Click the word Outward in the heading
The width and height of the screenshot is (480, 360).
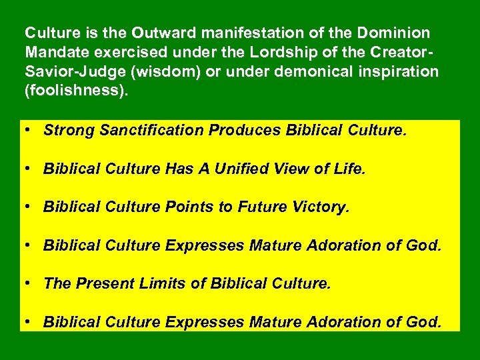pos(157,33)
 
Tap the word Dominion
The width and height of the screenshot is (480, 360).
pos(393,33)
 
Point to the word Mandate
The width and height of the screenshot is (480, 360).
pos(51,52)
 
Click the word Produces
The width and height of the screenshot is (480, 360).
pos(245,130)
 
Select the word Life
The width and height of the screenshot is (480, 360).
pos(351,169)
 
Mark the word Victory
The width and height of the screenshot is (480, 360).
pos(321,207)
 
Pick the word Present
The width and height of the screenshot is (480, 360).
pos(103,285)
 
